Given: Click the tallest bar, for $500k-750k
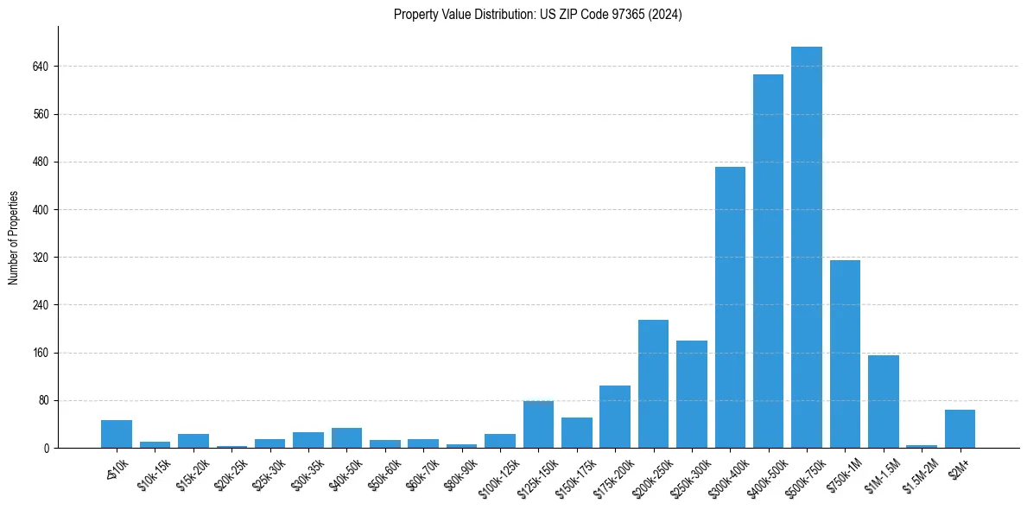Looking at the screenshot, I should [x=806, y=247].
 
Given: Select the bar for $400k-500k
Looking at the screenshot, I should [x=768, y=261].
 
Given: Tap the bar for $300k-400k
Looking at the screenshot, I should [x=730, y=307].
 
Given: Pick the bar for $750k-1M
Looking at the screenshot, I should [x=845, y=354].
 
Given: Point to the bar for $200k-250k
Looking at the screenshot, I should [x=653, y=384].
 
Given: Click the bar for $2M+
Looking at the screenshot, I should [x=960, y=429].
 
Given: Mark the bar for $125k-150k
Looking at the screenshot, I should [x=538, y=424].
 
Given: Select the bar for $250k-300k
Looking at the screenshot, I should [x=691, y=394].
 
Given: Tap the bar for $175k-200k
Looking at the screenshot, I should [x=615, y=417].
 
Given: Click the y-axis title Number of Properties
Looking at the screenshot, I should [x=13, y=238].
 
